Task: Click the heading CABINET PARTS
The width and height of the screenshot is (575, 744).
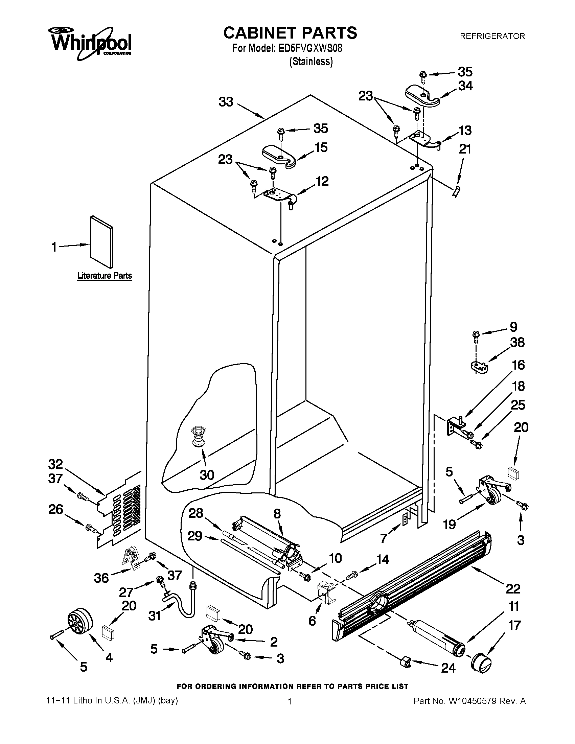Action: [290, 33]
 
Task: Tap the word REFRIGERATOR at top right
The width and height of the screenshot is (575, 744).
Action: [492, 36]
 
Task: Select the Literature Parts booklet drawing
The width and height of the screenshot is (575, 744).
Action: [101, 241]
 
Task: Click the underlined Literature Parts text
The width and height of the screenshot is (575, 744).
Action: [105, 276]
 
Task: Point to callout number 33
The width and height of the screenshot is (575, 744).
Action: [226, 102]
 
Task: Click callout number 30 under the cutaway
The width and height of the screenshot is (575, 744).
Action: [207, 475]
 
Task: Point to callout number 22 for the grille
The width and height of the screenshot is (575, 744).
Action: [513, 588]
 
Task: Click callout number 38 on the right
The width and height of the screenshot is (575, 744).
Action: [517, 342]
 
